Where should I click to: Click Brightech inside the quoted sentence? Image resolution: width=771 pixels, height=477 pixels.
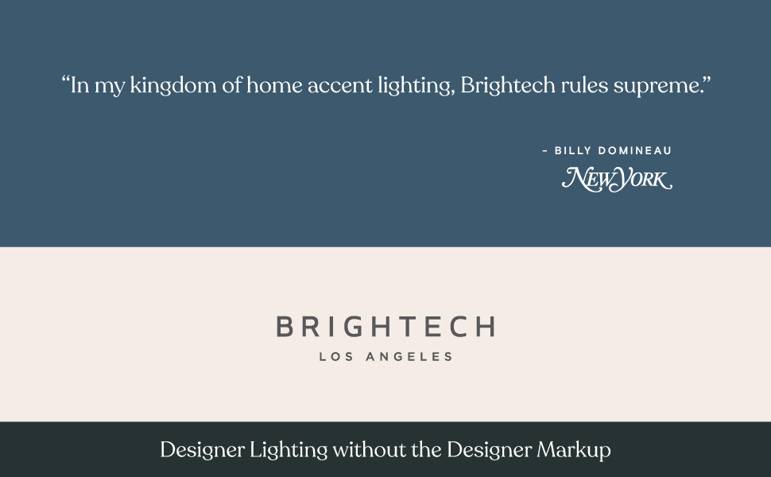tap(507, 86)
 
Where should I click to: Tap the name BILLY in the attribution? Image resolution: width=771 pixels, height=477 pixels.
tap(571, 150)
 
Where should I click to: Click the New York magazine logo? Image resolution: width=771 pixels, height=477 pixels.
tap(617, 179)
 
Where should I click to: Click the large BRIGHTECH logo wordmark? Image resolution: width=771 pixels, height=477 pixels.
tap(385, 327)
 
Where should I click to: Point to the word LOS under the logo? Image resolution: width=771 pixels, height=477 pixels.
tap(334, 357)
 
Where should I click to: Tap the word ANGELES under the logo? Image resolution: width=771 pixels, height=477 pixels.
tap(409, 357)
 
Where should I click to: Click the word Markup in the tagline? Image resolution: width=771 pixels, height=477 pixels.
tap(574, 450)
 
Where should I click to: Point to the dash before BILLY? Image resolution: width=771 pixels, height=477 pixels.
tap(544, 150)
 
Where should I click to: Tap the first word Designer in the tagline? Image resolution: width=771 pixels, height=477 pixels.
tap(202, 450)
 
